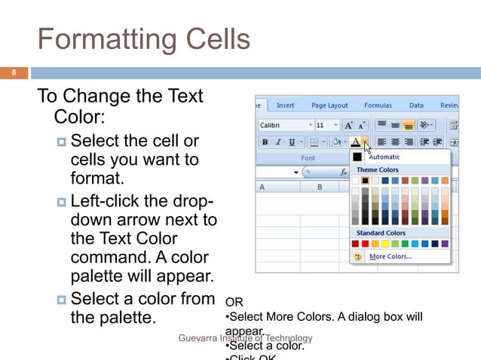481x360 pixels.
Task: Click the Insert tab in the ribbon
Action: pos(285,105)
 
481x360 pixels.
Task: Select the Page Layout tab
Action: pos(329,105)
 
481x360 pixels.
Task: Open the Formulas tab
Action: pos(378,105)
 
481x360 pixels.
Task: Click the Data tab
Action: pos(416,105)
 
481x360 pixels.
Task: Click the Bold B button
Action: pos(265,142)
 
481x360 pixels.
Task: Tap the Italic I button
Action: pos(278,142)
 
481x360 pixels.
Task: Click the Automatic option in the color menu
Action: pos(384,157)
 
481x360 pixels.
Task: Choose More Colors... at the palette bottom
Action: pos(390,257)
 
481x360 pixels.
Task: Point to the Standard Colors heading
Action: pos(381,233)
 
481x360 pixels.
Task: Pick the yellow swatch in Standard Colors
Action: pos(385,244)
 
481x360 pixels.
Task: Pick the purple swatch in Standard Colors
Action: pos(444,244)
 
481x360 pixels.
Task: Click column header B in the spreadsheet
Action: pos(320,186)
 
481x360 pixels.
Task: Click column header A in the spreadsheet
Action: pos(262,186)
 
